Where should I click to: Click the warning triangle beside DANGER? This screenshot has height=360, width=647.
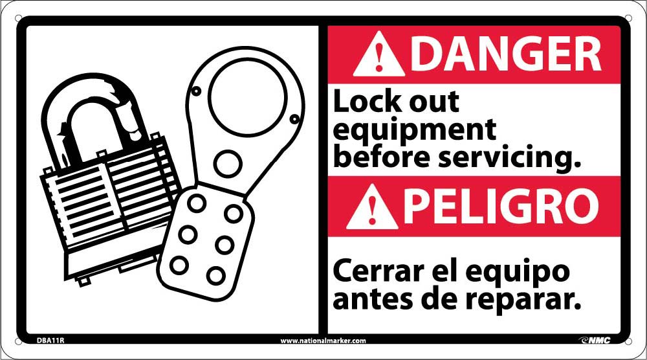[379, 56]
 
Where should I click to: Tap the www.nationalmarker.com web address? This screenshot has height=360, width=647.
[323, 341]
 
